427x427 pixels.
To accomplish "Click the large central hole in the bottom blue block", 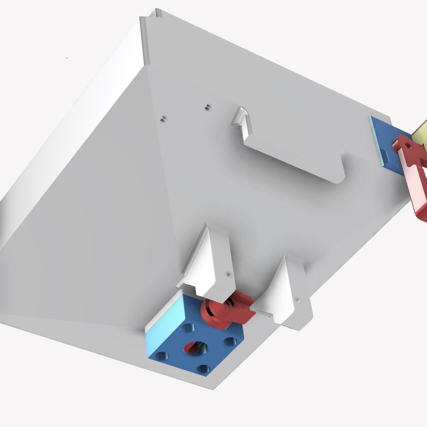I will point(194,347).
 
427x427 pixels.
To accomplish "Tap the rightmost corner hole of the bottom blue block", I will point(229,342).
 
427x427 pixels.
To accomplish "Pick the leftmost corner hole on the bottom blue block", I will point(161,357).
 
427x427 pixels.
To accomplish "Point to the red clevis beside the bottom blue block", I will point(227,311).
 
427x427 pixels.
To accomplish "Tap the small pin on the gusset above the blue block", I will point(228,275).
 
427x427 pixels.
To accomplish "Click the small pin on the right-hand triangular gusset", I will point(297,299).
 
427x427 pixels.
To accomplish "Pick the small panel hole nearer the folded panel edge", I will point(163,118).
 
